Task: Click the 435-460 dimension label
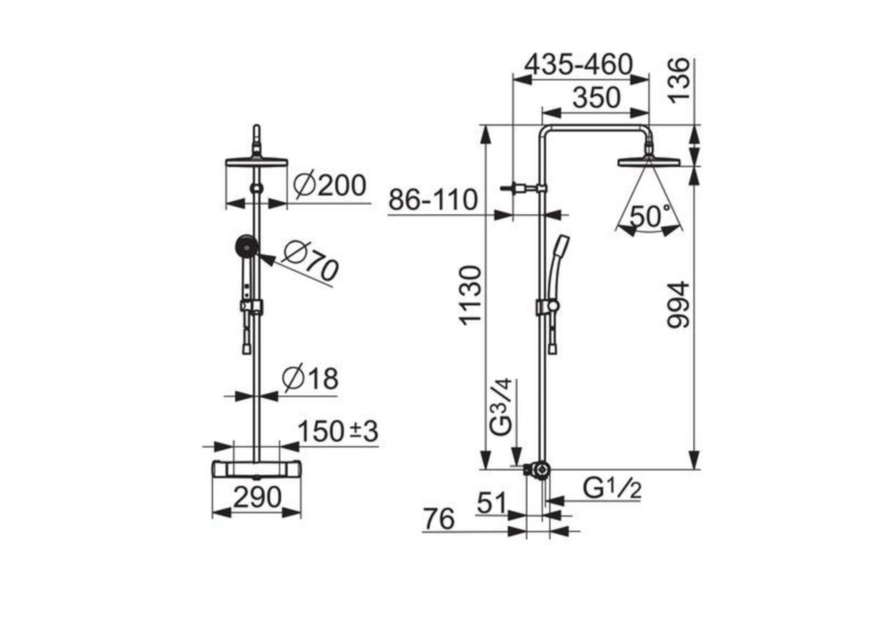[579, 64]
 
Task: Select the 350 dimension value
[597, 97]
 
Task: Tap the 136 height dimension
[679, 81]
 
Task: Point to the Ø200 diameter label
[329, 185]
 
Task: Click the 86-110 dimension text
[433, 200]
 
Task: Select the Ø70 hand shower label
[311, 261]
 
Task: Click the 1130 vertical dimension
[470, 295]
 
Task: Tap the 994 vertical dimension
[678, 304]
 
